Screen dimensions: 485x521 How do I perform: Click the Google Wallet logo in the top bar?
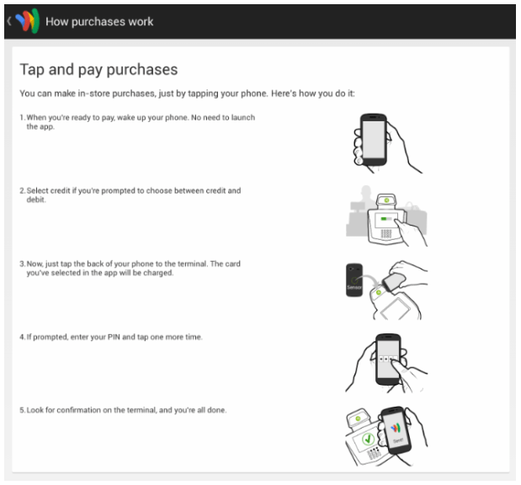point(27,21)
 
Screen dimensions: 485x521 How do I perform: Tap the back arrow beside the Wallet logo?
point(8,21)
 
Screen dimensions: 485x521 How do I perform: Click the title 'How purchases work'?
point(99,21)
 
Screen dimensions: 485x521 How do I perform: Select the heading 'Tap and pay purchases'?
point(98,70)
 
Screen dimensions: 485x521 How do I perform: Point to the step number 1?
point(22,117)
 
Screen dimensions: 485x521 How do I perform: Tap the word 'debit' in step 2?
point(36,200)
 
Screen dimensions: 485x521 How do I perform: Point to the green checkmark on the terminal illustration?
point(368,440)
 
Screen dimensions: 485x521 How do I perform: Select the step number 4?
point(22,337)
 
